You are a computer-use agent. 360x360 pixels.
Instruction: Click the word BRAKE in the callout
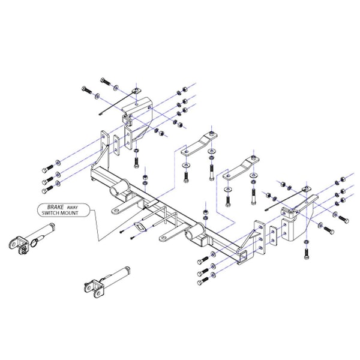tap(55, 207)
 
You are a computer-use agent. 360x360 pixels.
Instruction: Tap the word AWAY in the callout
tap(73, 208)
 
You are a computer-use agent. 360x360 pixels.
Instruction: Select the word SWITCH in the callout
tap(49, 213)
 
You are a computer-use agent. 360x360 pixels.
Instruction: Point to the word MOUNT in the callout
tap(68, 213)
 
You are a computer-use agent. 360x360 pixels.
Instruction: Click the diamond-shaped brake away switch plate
tap(141, 227)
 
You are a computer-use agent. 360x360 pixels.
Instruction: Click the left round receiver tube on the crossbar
tap(119, 187)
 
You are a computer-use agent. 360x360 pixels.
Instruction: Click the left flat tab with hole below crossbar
tap(120, 208)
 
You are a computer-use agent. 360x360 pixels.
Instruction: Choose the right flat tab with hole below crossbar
tap(169, 236)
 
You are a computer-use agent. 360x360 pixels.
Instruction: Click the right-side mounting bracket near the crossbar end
tap(298, 218)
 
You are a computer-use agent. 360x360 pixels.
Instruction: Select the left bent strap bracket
tap(199, 144)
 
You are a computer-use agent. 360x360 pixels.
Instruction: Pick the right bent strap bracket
tap(241, 168)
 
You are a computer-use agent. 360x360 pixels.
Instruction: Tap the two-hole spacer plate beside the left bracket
tap(116, 145)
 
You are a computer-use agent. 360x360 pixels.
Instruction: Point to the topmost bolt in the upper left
tap(106, 81)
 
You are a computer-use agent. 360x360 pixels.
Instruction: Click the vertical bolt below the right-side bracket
tap(306, 253)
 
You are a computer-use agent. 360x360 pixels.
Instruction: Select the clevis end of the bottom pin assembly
tap(93, 289)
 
